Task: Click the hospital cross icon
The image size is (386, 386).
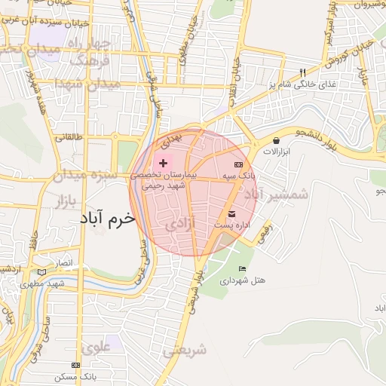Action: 163,163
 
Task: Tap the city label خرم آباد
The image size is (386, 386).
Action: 108,218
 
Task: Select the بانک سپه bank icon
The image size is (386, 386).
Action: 238,164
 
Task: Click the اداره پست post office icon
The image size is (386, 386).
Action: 231,214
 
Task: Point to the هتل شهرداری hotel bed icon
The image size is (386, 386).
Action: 242,269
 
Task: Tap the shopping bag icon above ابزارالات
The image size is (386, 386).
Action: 276,140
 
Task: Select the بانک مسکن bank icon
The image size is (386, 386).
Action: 75,364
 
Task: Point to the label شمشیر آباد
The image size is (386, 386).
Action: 278,195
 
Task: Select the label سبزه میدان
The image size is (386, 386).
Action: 84,176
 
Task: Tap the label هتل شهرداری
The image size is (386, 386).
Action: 243,280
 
